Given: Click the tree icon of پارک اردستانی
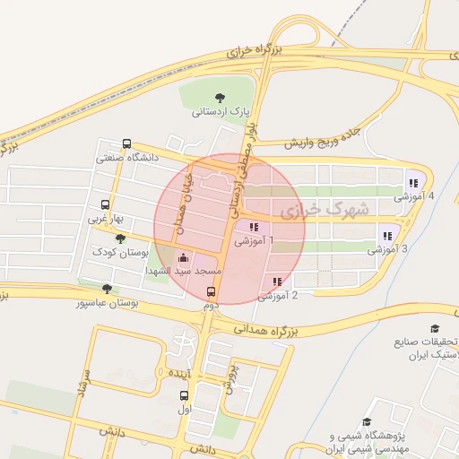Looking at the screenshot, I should (221, 98).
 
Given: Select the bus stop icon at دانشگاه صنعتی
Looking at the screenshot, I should (126, 143).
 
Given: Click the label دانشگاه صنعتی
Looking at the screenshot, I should (127, 159).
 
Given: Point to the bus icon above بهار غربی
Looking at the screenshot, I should (106, 204).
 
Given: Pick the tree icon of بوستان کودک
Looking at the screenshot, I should (120, 238).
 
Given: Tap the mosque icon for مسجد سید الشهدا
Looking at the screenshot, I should (184, 257).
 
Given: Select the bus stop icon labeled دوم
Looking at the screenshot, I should (212, 291).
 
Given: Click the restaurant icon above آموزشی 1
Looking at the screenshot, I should (255, 228).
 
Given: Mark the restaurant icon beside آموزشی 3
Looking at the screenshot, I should (387, 236).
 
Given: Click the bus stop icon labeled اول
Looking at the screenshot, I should (184, 396).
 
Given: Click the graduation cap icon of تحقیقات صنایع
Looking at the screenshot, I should (435, 329).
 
